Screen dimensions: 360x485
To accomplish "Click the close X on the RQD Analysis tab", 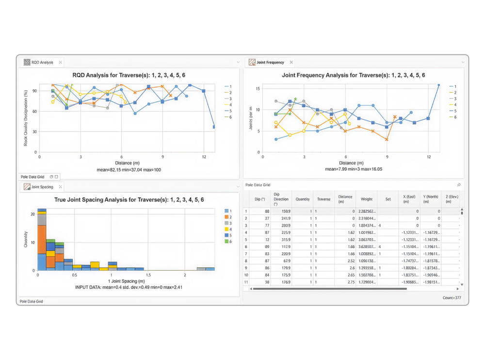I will pos(60,63).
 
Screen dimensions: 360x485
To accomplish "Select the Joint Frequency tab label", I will pos(270,63).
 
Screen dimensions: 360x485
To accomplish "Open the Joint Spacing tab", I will pos(42,187).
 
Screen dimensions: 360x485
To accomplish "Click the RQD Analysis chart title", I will pos(129,75).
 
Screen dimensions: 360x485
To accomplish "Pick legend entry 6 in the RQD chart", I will pos(230,117).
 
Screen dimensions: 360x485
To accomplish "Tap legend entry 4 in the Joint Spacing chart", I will pos(230,229).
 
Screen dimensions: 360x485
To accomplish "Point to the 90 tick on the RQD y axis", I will pos(34,91).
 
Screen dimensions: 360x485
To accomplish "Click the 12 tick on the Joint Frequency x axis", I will pos(429,157).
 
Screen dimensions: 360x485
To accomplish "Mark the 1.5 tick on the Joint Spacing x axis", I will pos(148,276).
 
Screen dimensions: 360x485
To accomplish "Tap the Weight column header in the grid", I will pos(367,199).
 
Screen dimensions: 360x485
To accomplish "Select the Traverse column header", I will pos(323,199).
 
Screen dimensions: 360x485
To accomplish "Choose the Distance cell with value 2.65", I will pos(350,275).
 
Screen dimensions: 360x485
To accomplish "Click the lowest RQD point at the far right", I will pos(214,127).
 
